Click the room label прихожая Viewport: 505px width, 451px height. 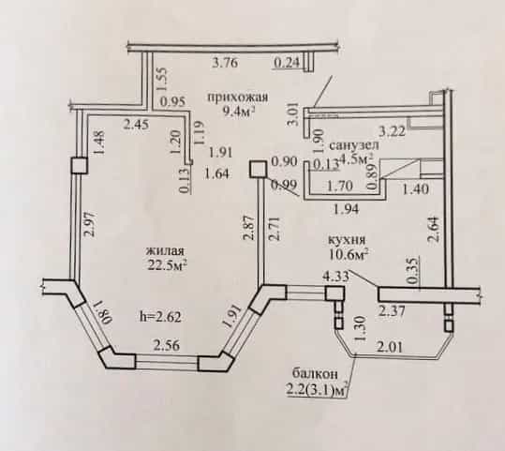pyautogui.click(x=238, y=97)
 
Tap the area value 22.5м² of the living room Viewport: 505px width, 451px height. pyautogui.click(x=168, y=264)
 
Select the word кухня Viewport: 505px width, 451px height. pyautogui.click(x=347, y=240)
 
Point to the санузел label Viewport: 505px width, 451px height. pyautogui.click(x=354, y=145)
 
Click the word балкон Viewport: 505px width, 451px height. pyautogui.click(x=315, y=374)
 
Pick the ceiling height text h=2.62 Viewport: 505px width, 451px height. pyautogui.click(x=161, y=316)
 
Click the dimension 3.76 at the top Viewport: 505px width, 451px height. pyautogui.click(x=226, y=62)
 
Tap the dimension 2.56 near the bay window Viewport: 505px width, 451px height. pyautogui.click(x=167, y=346)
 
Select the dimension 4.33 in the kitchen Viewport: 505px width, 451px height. pyautogui.click(x=336, y=277)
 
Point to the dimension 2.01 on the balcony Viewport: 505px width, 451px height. pyautogui.click(x=390, y=347)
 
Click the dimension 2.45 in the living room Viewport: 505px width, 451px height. pyautogui.click(x=137, y=124)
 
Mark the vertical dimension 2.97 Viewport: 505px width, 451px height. pyautogui.click(x=90, y=224)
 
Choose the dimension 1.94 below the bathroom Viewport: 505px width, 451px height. pyautogui.click(x=347, y=209)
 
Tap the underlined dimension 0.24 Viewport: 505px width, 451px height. pyautogui.click(x=287, y=62)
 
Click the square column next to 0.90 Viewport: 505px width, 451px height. pyautogui.click(x=258, y=170)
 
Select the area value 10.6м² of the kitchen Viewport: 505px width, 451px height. pyautogui.click(x=349, y=254)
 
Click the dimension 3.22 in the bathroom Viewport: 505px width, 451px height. pyautogui.click(x=392, y=131)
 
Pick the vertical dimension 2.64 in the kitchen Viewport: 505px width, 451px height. pyautogui.click(x=434, y=229)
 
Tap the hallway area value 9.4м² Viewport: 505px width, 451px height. pyautogui.click(x=239, y=112)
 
